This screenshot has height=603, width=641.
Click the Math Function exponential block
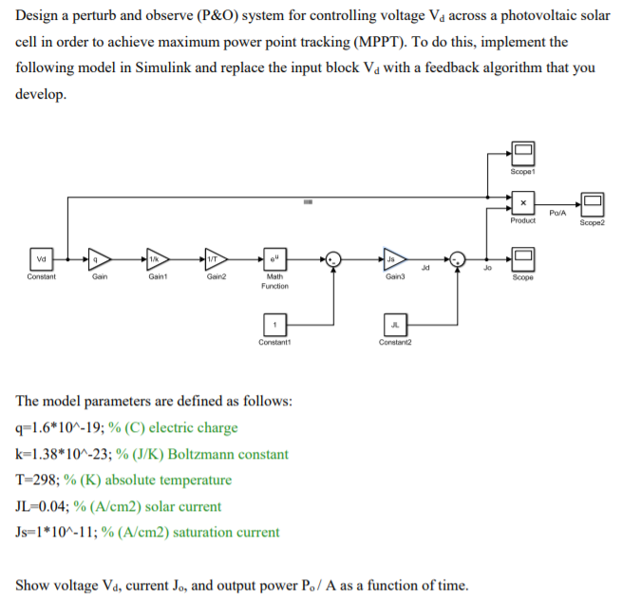[273, 258]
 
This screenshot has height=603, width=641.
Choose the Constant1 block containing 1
[273, 325]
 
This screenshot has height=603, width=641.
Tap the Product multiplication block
[522, 203]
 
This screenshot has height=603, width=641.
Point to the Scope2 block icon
[594, 203]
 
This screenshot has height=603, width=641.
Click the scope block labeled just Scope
[522, 259]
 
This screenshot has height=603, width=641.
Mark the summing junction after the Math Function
[332, 259]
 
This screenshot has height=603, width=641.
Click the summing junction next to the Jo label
[458, 259]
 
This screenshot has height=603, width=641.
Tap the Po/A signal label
[557, 213]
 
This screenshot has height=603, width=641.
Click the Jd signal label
[427, 269]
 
